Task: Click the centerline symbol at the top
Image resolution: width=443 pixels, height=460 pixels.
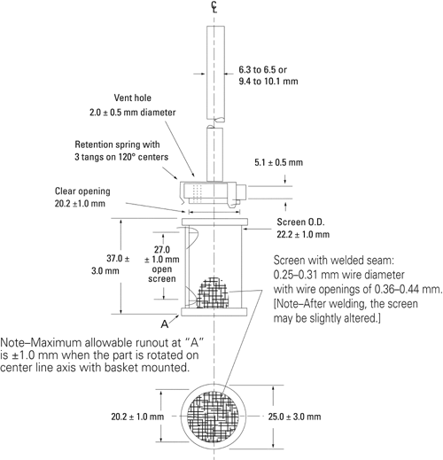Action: point(214,7)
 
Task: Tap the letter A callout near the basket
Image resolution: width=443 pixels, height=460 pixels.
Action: point(165,324)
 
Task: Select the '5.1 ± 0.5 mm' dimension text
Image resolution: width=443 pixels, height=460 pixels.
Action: point(278,162)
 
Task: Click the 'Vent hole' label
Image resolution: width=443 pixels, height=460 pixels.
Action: point(133,97)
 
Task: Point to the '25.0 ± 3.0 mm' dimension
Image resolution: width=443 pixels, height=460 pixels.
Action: point(294,417)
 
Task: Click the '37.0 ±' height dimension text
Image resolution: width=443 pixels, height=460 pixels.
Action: point(118,259)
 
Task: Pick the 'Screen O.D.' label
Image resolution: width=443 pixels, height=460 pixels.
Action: point(300,222)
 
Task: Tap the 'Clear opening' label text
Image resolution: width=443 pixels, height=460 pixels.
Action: point(82,191)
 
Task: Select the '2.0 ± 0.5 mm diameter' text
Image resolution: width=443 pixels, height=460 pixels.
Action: point(133,113)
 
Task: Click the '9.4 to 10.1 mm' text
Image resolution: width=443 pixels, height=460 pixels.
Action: point(268,82)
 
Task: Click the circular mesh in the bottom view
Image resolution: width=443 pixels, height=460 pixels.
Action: point(214,417)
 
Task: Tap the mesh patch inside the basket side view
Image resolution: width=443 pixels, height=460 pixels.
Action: point(214,292)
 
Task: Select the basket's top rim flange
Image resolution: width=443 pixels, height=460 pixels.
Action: point(214,222)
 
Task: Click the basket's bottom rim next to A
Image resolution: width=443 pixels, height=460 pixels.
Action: point(214,312)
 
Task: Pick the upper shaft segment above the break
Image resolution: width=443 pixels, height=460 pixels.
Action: point(215,74)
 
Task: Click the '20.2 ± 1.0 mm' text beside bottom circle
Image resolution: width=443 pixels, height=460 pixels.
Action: point(137,417)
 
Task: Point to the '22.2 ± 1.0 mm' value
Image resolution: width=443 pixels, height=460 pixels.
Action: point(303,234)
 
